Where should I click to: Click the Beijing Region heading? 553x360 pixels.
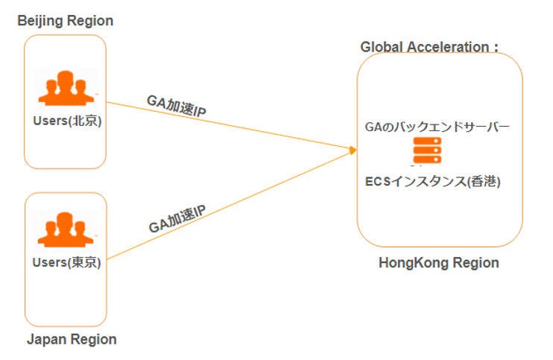(66, 21)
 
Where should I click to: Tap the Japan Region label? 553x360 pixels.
(72, 339)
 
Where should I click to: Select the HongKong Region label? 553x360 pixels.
(439, 262)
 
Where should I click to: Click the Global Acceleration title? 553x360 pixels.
(429, 47)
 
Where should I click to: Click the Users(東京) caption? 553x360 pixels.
(66, 262)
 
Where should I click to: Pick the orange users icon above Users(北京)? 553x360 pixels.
(66, 89)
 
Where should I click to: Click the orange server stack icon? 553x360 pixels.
(428, 151)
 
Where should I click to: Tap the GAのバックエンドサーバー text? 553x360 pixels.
(437, 127)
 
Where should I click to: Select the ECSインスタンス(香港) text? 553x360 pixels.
(433, 180)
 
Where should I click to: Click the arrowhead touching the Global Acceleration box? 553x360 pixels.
(353, 151)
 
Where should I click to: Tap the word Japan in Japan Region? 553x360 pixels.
(45, 339)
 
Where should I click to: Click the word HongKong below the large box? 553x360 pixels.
(414, 262)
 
